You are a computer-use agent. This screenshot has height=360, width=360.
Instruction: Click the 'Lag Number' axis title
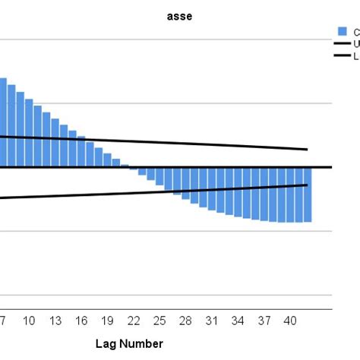pyautogui.click(x=129, y=344)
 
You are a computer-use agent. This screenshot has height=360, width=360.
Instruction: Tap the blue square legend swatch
pyautogui.click(x=342, y=31)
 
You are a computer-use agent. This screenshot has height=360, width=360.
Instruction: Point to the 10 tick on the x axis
pyautogui.click(x=29, y=321)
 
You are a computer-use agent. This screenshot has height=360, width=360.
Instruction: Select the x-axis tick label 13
pyautogui.click(x=55, y=321)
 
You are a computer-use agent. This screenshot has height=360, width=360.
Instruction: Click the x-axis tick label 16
pyautogui.click(x=82, y=321)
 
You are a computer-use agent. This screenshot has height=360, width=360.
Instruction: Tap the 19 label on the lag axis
pyautogui.click(x=108, y=321)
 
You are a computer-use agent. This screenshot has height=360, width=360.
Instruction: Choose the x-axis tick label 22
pyautogui.click(x=134, y=321)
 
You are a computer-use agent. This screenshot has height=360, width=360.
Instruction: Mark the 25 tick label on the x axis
pyautogui.click(x=160, y=321)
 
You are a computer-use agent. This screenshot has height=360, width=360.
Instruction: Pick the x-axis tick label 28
pyautogui.click(x=187, y=321)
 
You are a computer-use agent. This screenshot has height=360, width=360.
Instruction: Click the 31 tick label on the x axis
pyautogui.click(x=213, y=321)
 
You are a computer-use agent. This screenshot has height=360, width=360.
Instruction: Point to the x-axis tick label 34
pyautogui.click(x=239, y=321)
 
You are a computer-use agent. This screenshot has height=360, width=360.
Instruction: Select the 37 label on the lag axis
pyautogui.click(x=265, y=321)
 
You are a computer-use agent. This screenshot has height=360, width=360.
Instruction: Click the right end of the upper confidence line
pyautogui.click(x=307, y=150)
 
